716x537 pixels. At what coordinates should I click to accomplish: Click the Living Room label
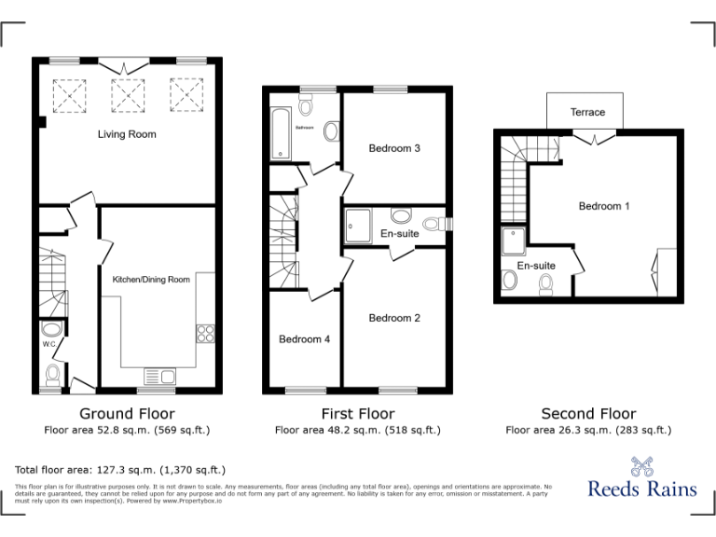(x=127, y=134)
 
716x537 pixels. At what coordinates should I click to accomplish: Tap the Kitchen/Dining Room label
(x=151, y=280)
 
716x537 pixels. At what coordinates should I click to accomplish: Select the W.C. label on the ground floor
(x=51, y=344)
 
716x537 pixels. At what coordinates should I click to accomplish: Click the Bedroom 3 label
(x=394, y=148)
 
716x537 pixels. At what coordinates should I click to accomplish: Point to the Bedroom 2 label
(x=394, y=318)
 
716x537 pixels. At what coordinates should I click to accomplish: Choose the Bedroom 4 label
(x=304, y=339)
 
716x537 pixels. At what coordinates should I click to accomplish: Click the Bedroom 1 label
(x=604, y=206)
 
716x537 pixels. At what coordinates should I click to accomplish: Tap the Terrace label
(x=587, y=113)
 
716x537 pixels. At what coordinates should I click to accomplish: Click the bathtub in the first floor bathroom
(x=280, y=132)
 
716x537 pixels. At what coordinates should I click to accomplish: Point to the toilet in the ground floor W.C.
(x=53, y=375)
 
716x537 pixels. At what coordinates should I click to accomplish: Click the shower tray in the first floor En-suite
(x=359, y=224)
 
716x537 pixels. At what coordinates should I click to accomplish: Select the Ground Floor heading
(x=127, y=413)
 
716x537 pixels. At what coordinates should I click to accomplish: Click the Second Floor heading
(x=588, y=413)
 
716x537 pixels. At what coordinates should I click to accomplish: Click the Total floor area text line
(x=120, y=470)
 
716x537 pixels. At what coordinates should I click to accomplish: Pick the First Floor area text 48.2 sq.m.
(x=357, y=430)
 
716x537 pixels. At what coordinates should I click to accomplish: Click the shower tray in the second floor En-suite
(x=514, y=242)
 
